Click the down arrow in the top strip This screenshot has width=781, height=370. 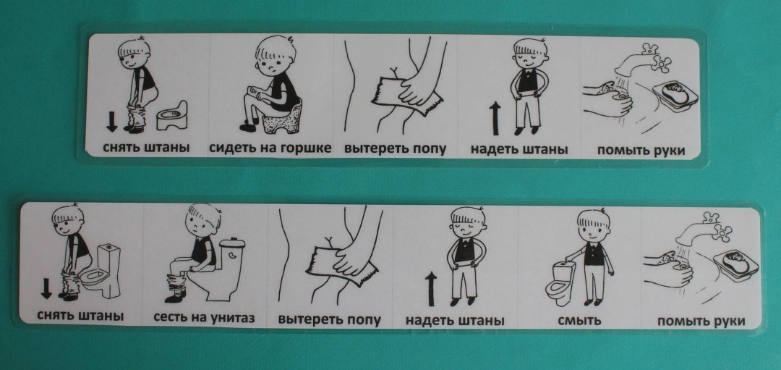click(111, 122)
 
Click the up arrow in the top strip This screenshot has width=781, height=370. click(495, 118)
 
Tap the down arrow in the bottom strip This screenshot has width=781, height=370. click(46, 288)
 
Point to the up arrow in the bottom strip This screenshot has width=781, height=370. click(431, 289)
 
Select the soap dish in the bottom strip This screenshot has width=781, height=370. click(735, 262)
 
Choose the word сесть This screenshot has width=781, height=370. click(168, 317)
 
